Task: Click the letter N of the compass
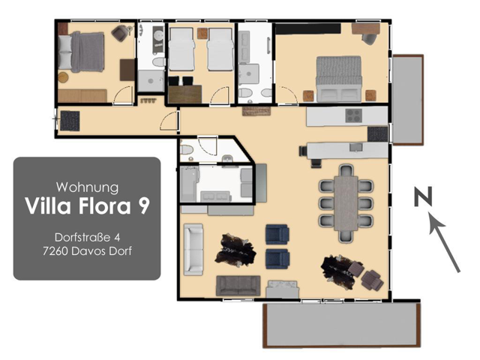423,196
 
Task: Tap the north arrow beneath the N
443,241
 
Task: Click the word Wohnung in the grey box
87,187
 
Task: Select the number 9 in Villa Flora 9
143,205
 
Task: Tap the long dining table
346,203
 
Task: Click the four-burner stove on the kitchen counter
354,115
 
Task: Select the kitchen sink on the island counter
356,147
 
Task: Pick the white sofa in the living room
193,250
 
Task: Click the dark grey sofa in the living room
238,286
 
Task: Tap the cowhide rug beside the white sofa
235,250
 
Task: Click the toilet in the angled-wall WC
187,150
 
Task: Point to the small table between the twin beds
202,33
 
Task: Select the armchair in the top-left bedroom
120,33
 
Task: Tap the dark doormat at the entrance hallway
70,121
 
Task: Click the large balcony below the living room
342,325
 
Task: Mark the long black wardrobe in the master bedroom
308,28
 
